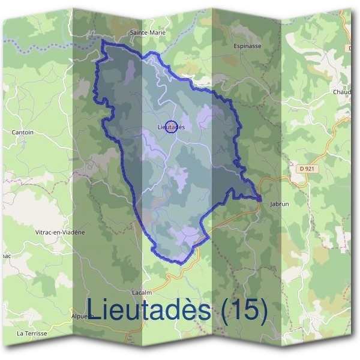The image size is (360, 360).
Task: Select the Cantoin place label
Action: pos(23,131)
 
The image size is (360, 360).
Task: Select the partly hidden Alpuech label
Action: pos(79,315)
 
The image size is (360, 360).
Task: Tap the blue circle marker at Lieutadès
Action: pos(171,127)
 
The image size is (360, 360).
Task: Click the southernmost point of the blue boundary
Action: pos(181,263)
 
